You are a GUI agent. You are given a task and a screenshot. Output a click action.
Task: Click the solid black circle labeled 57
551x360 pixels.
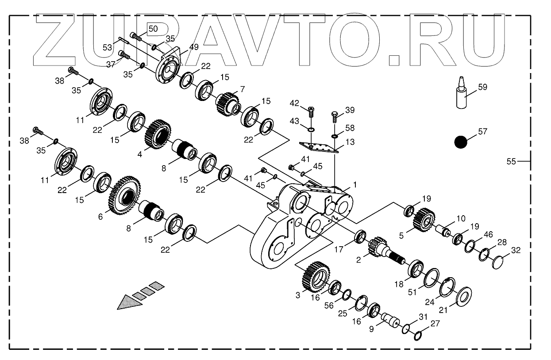[461, 142]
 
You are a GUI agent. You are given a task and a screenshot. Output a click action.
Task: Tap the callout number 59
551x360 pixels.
[482, 87]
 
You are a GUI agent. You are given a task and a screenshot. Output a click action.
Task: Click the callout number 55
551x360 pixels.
[511, 162]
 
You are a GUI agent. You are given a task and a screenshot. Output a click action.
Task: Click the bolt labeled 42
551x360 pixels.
[310, 111]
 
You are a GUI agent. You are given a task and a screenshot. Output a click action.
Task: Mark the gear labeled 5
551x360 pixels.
[423, 220]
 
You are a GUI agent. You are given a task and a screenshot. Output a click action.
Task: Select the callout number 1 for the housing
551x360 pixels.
[354, 184]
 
